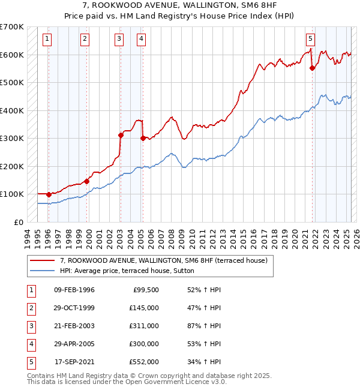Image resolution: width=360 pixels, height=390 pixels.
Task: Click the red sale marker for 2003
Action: (121, 136)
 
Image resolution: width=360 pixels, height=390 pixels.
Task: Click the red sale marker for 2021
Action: (312, 68)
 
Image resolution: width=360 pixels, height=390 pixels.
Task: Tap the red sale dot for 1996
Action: (49, 194)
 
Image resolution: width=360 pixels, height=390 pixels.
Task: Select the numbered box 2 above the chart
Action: (85, 40)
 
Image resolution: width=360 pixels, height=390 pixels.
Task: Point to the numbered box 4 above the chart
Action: (140, 40)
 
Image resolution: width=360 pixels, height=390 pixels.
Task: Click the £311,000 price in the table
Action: (144, 326)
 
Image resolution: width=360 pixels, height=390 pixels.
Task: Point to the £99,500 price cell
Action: (146, 290)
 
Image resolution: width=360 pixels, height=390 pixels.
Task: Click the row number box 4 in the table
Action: (29, 344)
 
